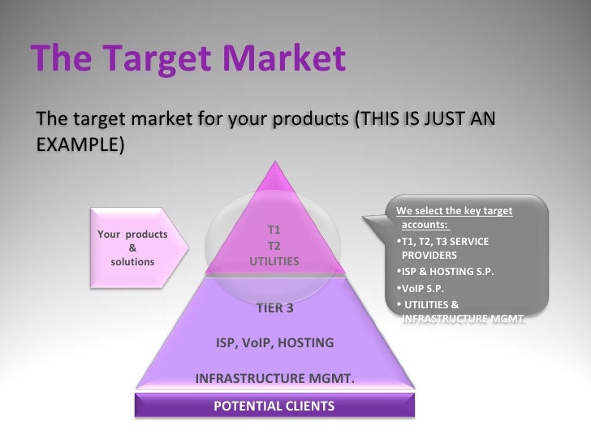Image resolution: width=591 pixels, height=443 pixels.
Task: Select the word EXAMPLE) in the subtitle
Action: tap(80, 144)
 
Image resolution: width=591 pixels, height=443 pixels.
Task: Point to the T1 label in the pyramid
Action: tap(274, 230)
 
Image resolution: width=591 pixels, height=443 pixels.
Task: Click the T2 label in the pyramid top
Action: tap(274, 245)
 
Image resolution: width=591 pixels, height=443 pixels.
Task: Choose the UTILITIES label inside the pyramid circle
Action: tap(274, 261)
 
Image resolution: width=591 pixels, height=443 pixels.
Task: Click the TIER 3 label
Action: tap(274, 308)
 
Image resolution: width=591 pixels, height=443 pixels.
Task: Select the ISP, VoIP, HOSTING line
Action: tap(274, 342)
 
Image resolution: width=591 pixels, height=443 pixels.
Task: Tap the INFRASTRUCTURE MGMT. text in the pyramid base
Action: tap(274, 378)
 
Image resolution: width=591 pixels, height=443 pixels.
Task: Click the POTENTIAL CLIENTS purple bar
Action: tap(274, 406)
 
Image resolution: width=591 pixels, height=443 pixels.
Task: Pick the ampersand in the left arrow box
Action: tap(132, 248)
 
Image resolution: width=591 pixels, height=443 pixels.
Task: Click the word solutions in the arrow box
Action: tap(132, 262)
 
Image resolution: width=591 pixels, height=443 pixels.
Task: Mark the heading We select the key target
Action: tap(455, 211)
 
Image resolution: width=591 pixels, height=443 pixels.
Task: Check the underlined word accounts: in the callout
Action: tap(425, 224)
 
